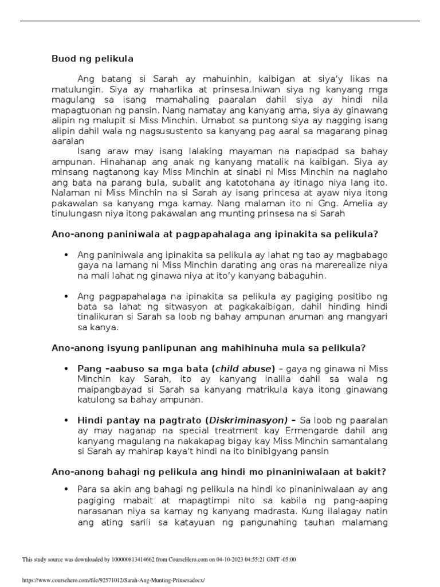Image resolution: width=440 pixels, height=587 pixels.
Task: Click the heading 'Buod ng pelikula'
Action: pos(92,58)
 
